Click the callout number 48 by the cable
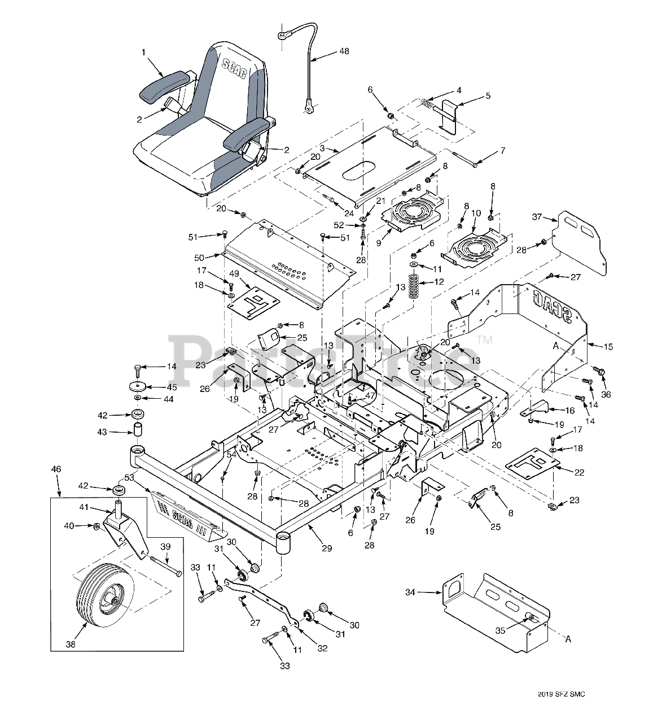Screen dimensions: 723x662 (x=344, y=51)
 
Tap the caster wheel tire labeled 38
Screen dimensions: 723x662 (x=93, y=594)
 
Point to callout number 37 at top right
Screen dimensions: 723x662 (x=537, y=217)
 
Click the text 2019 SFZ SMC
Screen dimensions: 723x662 (x=562, y=694)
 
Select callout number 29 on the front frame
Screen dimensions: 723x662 (x=327, y=548)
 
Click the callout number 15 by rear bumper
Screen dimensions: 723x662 (x=608, y=346)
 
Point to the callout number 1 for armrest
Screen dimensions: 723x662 (x=143, y=52)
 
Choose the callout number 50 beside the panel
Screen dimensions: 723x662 (x=199, y=258)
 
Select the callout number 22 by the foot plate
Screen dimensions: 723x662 (x=579, y=472)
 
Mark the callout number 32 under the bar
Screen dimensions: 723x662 (x=322, y=648)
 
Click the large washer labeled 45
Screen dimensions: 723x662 (x=137, y=386)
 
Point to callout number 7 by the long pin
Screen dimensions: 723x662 (x=502, y=151)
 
